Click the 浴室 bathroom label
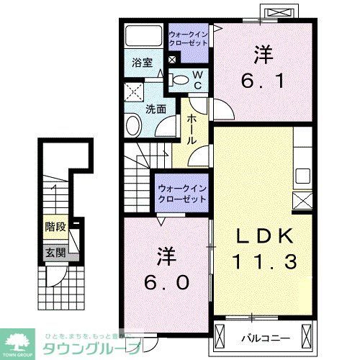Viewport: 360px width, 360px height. [141, 63]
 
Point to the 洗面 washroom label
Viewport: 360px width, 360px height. [156, 109]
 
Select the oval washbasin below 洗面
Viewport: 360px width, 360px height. [133, 127]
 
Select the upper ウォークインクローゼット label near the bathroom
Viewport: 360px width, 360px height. [189, 37]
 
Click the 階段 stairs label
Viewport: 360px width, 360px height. [55, 227]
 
